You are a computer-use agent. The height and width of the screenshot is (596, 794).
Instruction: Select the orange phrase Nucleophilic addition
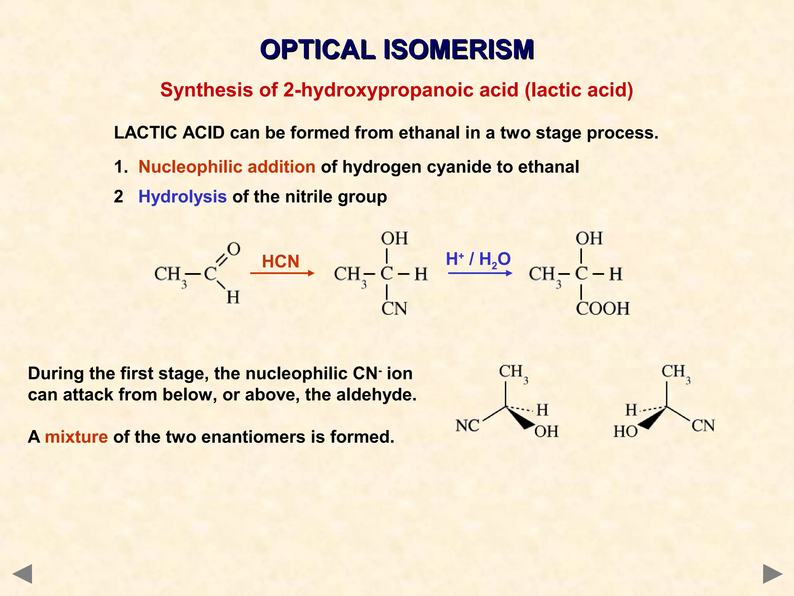tap(227, 167)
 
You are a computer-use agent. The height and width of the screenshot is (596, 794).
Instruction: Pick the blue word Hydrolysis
tap(183, 197)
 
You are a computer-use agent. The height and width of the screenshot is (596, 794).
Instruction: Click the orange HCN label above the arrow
tap(281, 261)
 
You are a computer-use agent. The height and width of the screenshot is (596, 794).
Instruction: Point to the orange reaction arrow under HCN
tap(282, 274)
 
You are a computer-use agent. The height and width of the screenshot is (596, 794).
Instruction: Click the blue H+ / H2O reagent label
tap(478, 259)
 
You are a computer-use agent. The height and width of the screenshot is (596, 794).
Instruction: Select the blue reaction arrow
tap(480, 274)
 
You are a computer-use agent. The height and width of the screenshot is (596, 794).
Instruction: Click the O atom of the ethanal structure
tap(233, 249)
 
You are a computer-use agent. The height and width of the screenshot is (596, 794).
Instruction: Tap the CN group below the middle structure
tap(394, 309)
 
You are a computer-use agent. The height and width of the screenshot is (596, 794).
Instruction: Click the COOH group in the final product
tap(602, 309)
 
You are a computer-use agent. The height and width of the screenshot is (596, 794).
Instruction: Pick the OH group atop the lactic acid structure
tap(589, 238)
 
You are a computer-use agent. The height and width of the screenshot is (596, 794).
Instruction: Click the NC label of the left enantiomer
tap(468, 426)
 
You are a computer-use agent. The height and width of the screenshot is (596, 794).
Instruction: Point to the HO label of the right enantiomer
tap(625, 431)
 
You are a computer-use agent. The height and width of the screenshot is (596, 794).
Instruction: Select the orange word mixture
tap(76, 437)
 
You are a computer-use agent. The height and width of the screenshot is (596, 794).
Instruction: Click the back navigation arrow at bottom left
tap(22, 574)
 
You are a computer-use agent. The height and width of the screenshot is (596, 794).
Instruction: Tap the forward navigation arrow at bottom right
tap(773, 574)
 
